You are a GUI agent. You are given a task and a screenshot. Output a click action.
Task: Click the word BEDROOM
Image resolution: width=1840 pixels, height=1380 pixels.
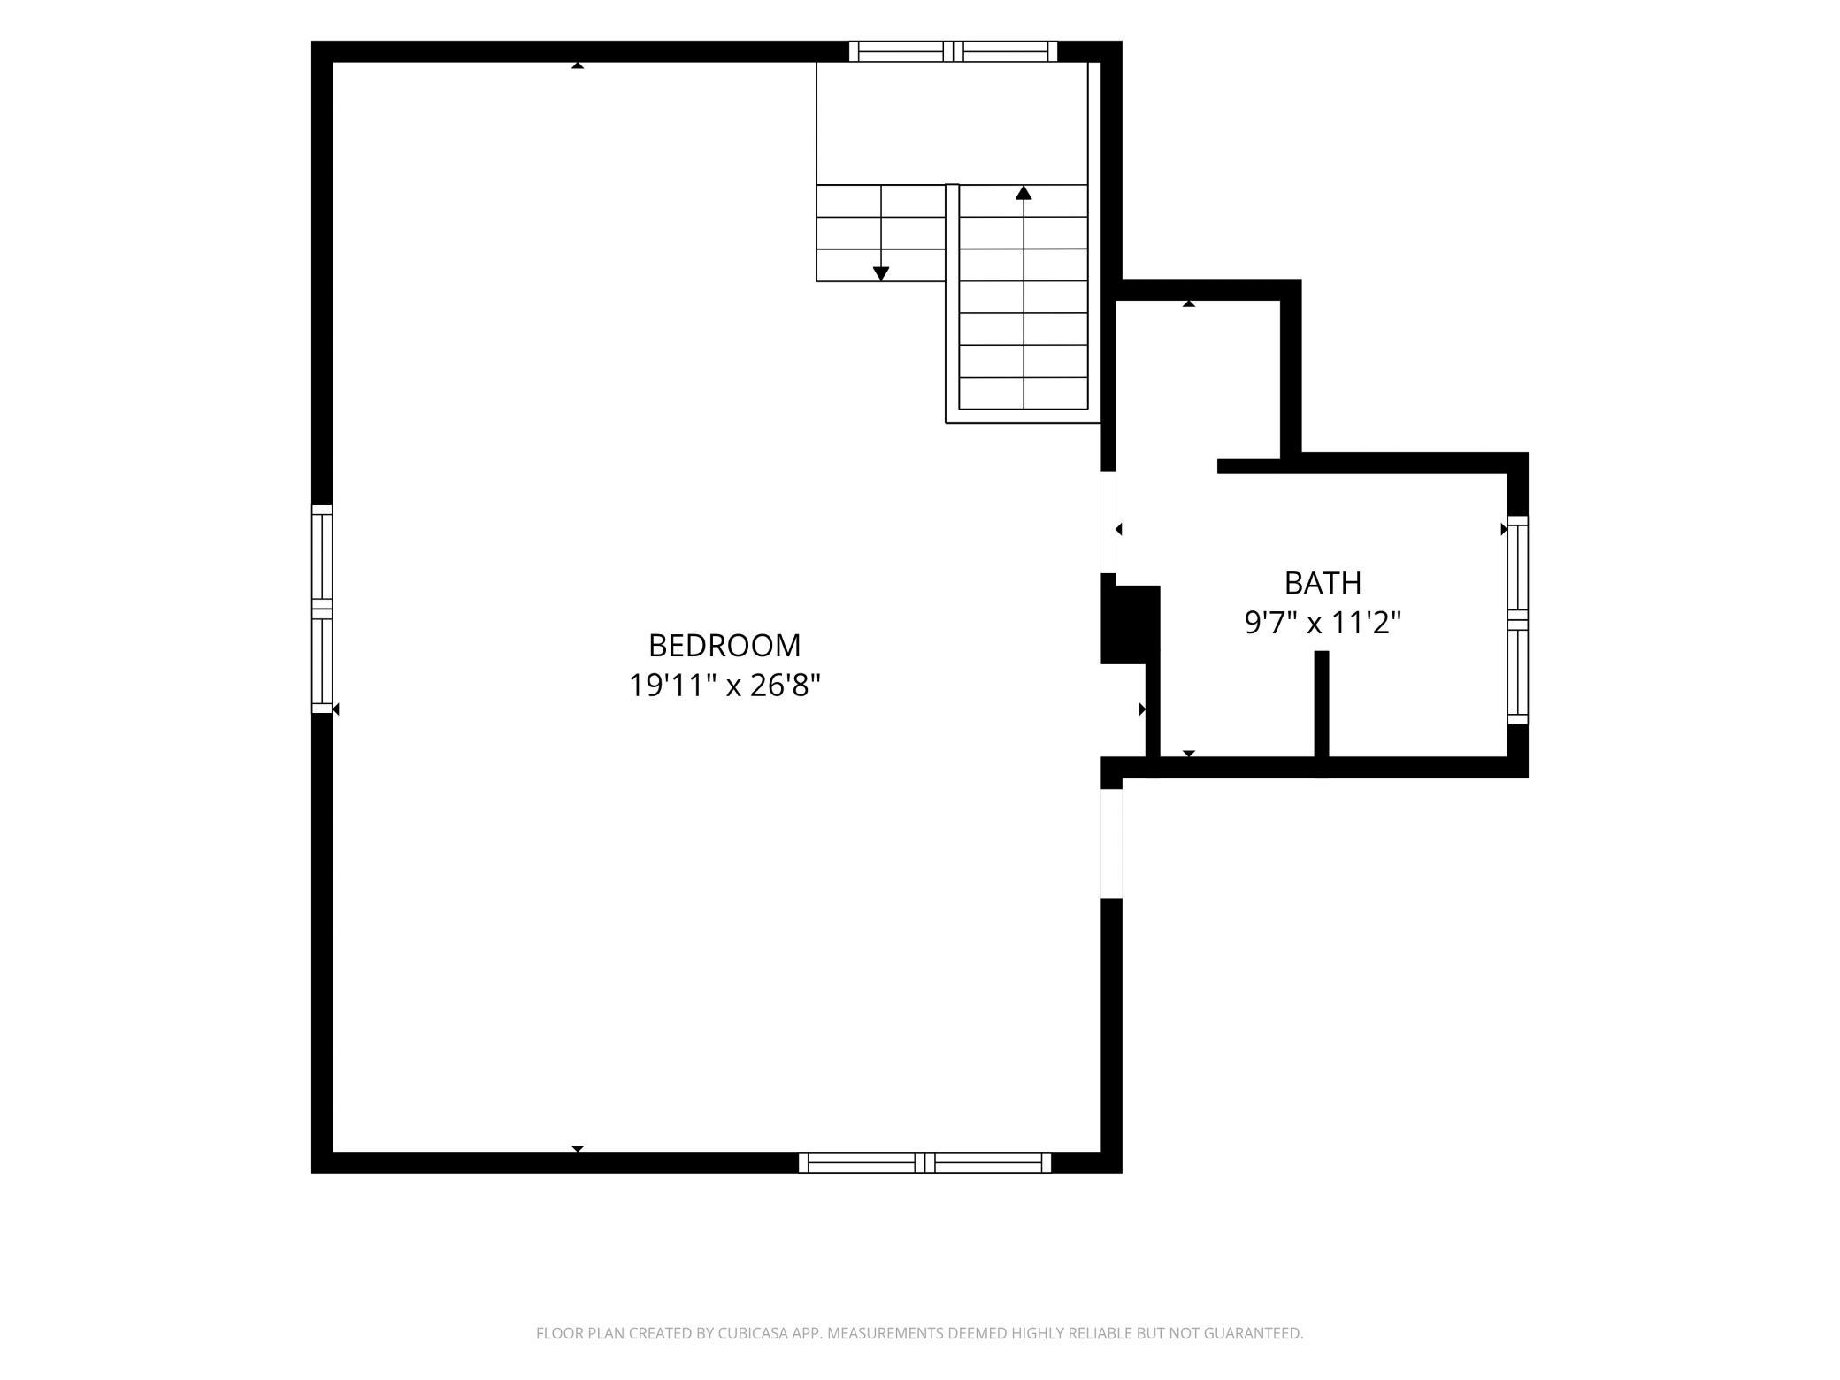[x=724, y=646]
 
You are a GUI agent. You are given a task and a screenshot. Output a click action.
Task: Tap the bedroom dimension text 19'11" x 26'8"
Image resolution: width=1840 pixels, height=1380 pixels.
[x=724, y=686]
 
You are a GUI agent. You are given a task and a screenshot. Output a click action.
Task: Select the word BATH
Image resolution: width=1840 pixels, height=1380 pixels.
[x=1322, y=583]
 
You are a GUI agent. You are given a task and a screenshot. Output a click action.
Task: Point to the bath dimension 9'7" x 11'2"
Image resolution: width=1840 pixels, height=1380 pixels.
[x=1322, y=623]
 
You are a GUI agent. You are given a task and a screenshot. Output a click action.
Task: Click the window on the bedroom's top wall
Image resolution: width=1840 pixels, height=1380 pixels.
[x=953, y=51]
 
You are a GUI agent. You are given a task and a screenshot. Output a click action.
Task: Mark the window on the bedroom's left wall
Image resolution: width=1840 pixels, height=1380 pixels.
[x=322, y=609]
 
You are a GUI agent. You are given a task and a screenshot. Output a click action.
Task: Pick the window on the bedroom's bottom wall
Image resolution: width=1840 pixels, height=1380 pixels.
[x=924, y=1162]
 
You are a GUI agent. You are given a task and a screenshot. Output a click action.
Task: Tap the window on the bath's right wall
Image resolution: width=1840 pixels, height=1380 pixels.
[x=1517, y=620]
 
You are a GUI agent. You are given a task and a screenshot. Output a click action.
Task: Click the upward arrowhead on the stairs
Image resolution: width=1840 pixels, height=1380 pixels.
[x=1023, y=192]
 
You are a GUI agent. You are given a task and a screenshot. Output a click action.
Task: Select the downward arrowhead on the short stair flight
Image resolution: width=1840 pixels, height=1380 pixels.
[x=881, y=274]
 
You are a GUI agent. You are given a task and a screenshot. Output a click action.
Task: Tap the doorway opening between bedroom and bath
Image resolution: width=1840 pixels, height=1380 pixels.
[x=1108, y=522]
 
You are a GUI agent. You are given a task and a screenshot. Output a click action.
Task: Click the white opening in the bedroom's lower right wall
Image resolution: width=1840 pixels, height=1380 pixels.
[x=1111, y=843]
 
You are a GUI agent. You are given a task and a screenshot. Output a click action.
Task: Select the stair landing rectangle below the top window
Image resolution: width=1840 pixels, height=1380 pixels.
[x=952, y=123]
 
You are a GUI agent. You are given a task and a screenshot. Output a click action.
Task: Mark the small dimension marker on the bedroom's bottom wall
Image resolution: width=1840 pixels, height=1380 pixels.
[x=578, y=1148]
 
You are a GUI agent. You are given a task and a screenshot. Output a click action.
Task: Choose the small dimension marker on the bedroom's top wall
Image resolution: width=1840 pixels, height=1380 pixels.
[x=578, y=65]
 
